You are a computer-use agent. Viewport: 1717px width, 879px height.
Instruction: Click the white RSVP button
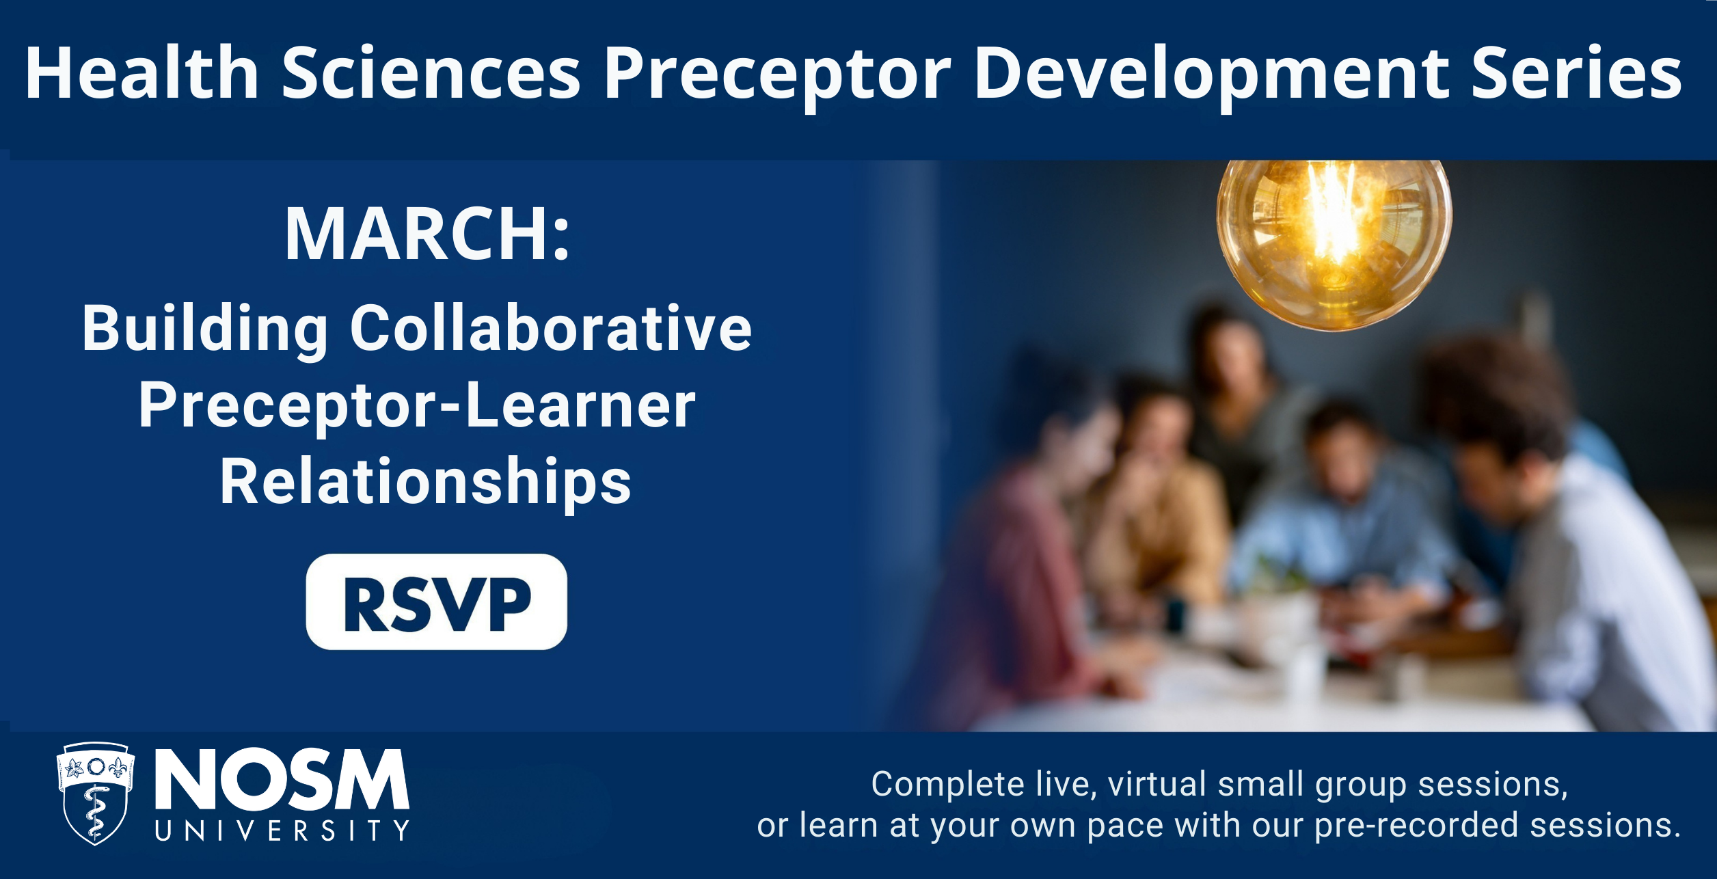436,601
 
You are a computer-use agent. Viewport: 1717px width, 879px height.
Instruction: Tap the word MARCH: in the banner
427,234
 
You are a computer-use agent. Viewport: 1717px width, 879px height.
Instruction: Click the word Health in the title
142,73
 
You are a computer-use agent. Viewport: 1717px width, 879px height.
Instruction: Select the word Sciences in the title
431,73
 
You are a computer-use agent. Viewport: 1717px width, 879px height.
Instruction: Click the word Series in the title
1576,73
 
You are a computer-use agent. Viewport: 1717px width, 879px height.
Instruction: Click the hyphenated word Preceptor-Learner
417,407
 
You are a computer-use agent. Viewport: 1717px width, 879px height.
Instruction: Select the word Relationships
425,483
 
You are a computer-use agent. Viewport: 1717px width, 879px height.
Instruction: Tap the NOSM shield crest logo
95,793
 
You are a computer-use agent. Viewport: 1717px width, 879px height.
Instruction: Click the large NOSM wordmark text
282,779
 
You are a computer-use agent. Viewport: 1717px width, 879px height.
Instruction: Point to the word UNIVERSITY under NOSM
282,830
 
